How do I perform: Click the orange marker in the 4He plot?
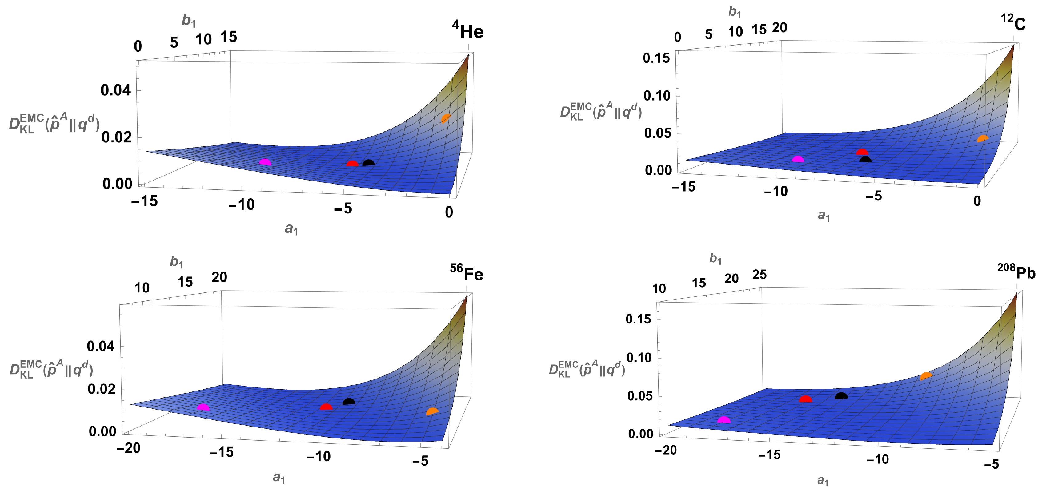[x=445, y=118]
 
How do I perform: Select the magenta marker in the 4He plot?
[x=265, y=162]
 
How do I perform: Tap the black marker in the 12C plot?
[x=865, y=160]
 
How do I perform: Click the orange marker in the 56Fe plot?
[x=432, y=411]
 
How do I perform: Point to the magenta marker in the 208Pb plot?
[x=724, y=420]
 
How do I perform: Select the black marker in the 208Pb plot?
[x=841, y=395]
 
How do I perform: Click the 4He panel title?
[x=467, y=30]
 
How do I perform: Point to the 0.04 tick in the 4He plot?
[x=116, y=90]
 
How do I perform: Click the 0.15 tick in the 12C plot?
[x=656, y=58]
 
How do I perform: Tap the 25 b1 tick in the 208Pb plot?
[x=759, y=275]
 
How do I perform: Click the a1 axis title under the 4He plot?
[x=291, y=229]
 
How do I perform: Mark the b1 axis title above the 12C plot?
[x=735, y=12]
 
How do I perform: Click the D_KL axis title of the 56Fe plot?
[x=51, y=369]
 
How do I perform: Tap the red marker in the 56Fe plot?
[x=326, y=407]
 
